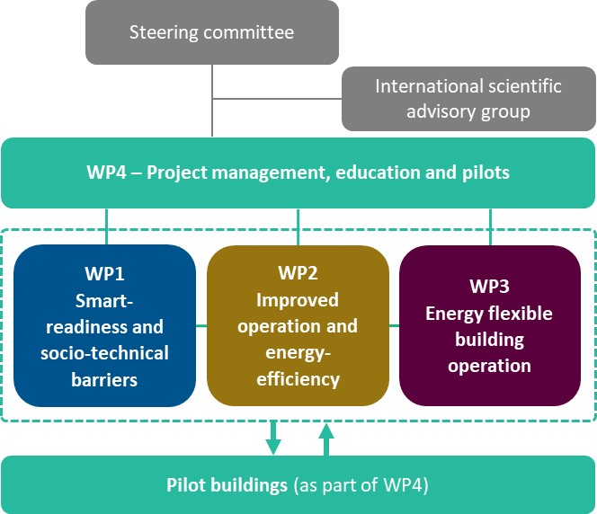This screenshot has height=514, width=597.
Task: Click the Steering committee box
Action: [x=211, y=32]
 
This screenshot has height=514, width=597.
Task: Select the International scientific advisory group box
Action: [x=468, y=99]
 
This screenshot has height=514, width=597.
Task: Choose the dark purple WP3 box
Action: [x=489, y=325]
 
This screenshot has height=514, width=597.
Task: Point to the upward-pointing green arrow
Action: [x=325, y=439]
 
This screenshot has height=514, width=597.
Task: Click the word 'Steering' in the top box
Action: [x=161, y=33]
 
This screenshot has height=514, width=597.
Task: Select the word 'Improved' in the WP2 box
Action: [x=298, y=298]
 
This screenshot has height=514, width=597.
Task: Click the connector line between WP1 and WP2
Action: [x=201, y=325]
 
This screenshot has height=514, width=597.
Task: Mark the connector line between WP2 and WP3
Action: [x=394, y=325]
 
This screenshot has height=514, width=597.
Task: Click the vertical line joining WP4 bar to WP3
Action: [x=490, y=226]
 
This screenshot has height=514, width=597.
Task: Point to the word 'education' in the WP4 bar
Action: [x=371, y=173]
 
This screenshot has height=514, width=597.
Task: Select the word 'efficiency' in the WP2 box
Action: [x=298, y=379]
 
